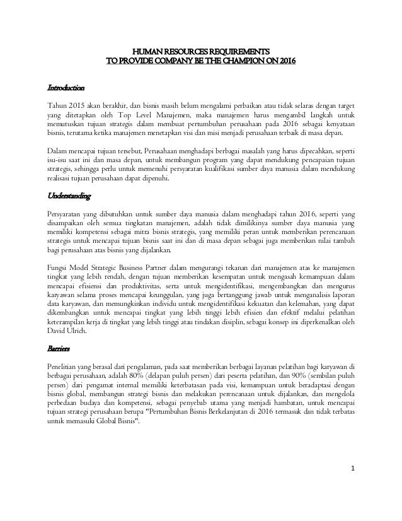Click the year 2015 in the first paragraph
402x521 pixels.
(76, 105)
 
